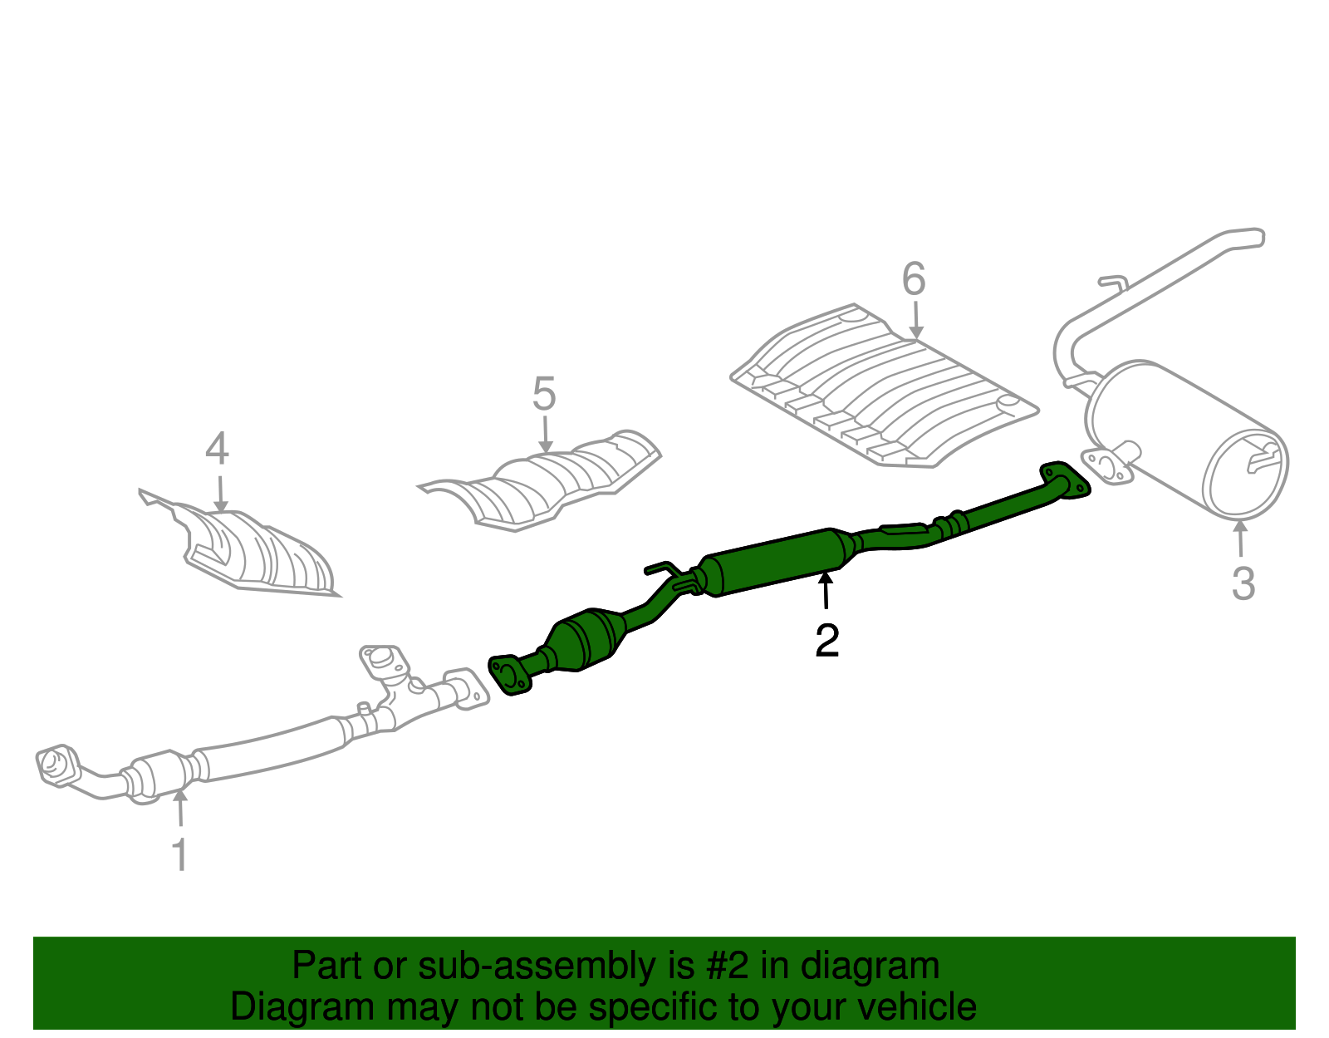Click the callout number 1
(x=180, y=854)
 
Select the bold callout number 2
(x=826, y=641)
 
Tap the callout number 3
(x=1243, y=584)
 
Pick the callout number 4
(x=217, y=448)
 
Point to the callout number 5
(x=544, y=393)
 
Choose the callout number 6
(x=914, y=279)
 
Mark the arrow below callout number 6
(x=915, y=318)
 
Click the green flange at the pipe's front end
(x=509, y=675)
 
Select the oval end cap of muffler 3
(x=1244, y=473)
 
